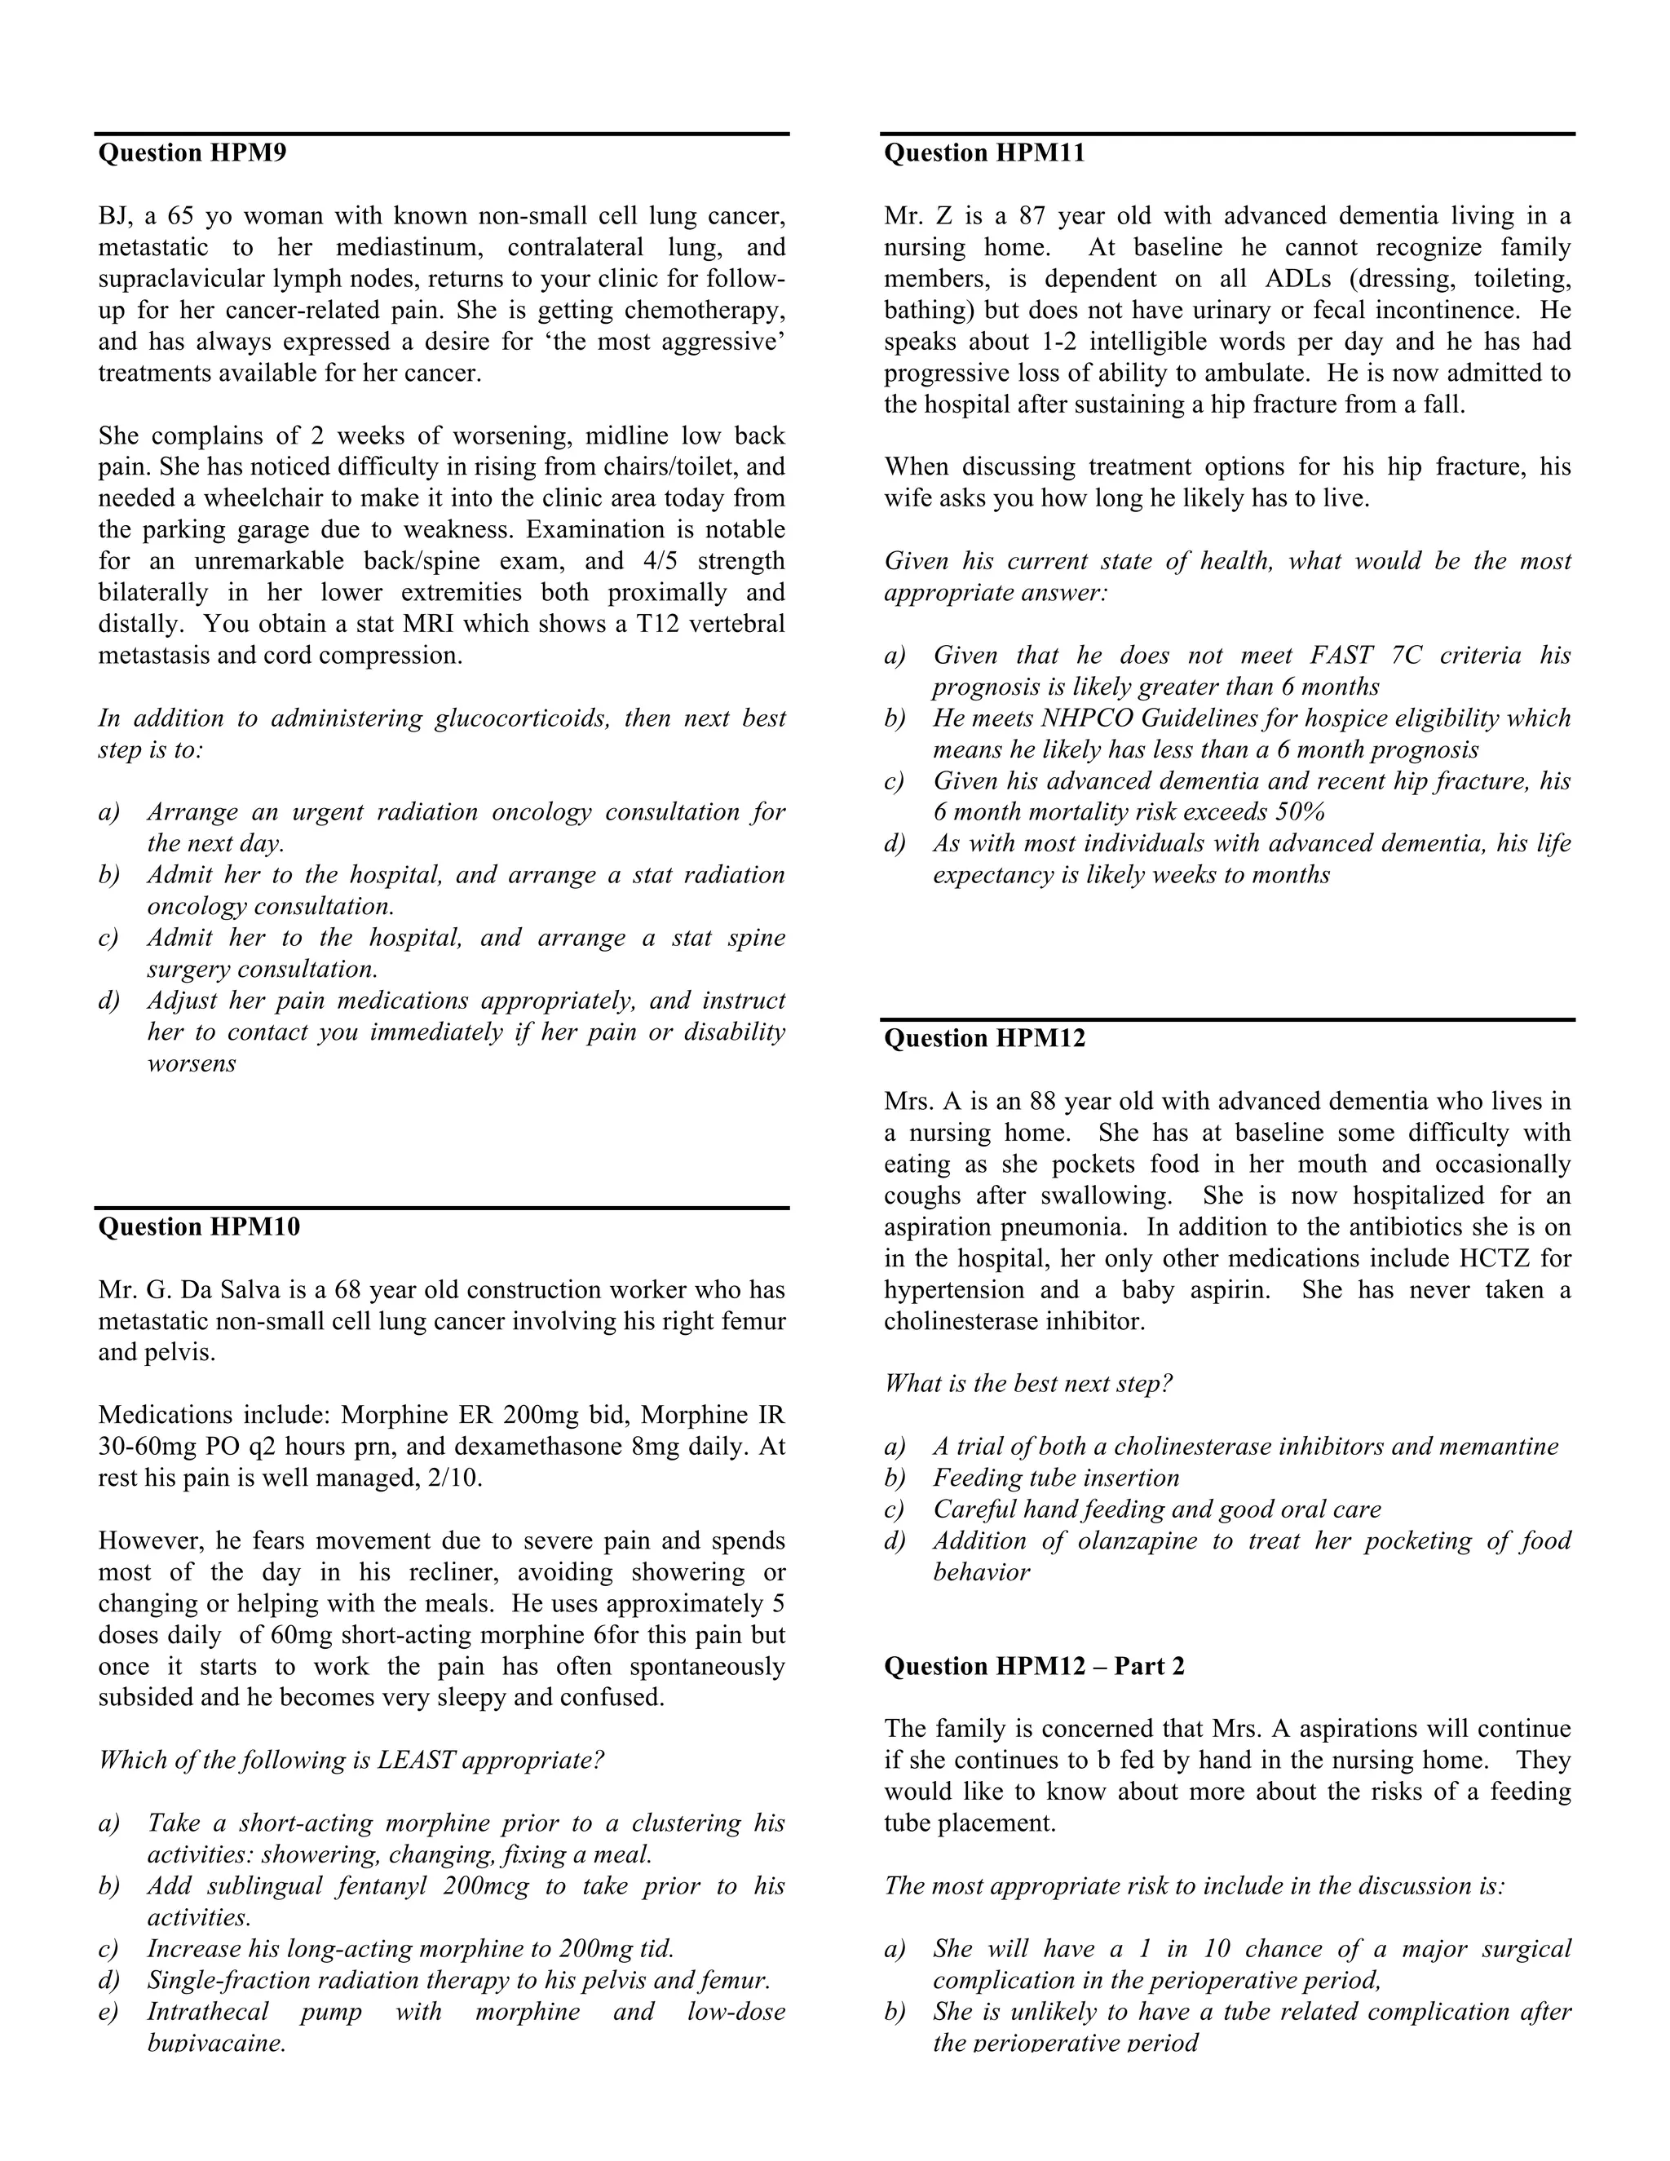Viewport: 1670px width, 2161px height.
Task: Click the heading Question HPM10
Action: tap(199, 1227)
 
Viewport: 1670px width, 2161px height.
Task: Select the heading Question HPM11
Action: tap(984, 153)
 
